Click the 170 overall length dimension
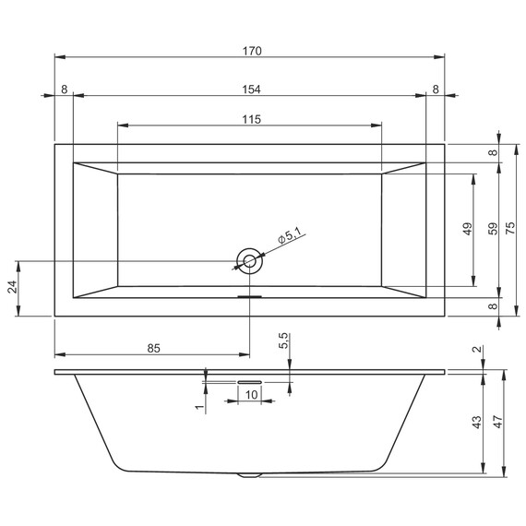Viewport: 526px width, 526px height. point(250,51)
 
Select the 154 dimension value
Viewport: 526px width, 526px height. point(250,89)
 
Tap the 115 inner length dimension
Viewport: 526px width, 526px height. point(250,119)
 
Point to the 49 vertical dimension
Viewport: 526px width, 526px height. point(468,228)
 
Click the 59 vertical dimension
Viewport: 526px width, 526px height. point(494,228)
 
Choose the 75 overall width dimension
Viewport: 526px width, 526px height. point(520,228)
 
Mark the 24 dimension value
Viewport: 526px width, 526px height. point(13,288)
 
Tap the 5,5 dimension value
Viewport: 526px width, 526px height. point(284,341)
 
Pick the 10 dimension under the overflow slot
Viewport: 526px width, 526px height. point(250,394)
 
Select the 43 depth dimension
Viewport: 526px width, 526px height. point(477,422)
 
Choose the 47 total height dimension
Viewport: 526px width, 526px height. point(499,422)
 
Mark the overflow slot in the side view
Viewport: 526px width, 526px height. point(250,378)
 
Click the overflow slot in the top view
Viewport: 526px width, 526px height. point(250,296)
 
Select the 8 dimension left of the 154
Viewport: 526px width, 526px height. point(64,89)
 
